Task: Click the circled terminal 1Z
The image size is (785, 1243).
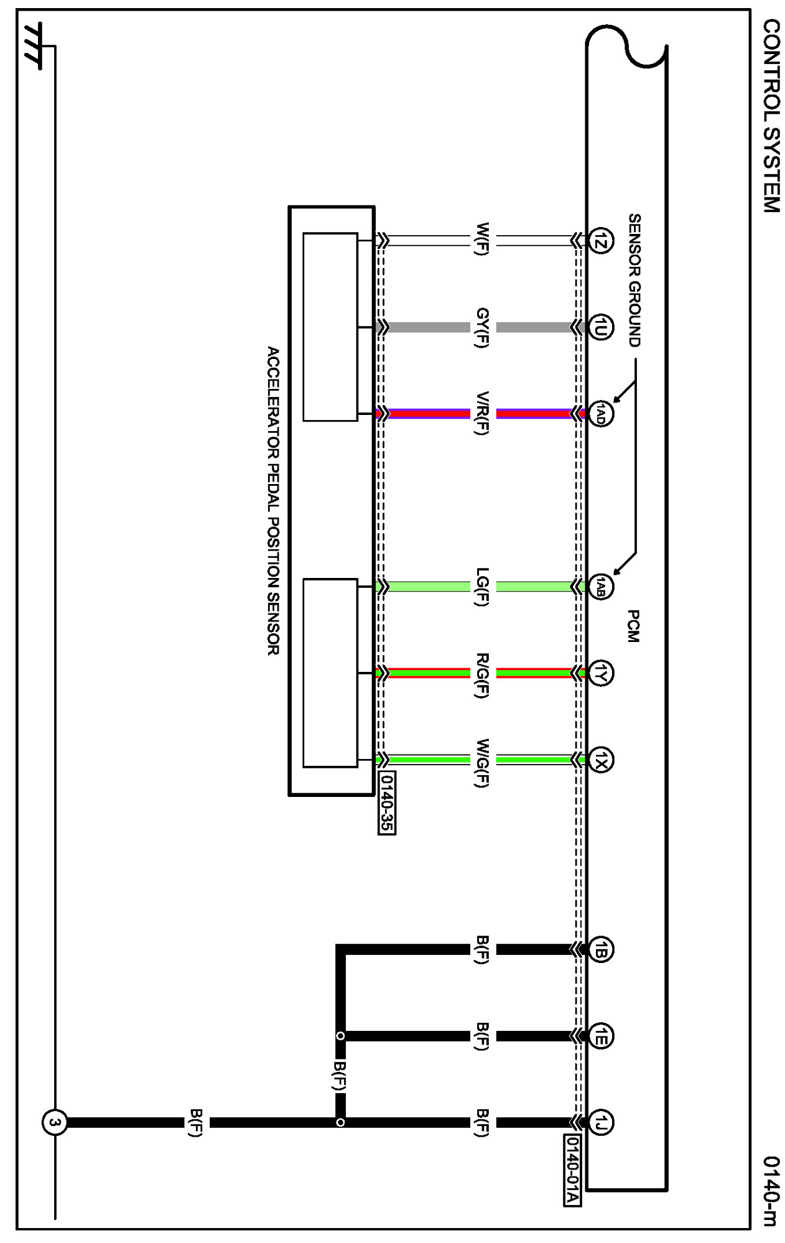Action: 601,241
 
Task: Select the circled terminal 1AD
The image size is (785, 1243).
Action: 601,413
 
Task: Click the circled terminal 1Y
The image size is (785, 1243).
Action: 601,673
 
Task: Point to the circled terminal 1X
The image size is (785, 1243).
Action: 601,759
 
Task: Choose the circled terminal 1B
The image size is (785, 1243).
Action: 601,949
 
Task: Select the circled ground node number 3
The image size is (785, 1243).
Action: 54,1122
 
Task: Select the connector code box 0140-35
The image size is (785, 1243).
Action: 387,803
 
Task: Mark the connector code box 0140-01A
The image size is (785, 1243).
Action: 572,1170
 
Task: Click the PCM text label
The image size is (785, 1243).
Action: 633,626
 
